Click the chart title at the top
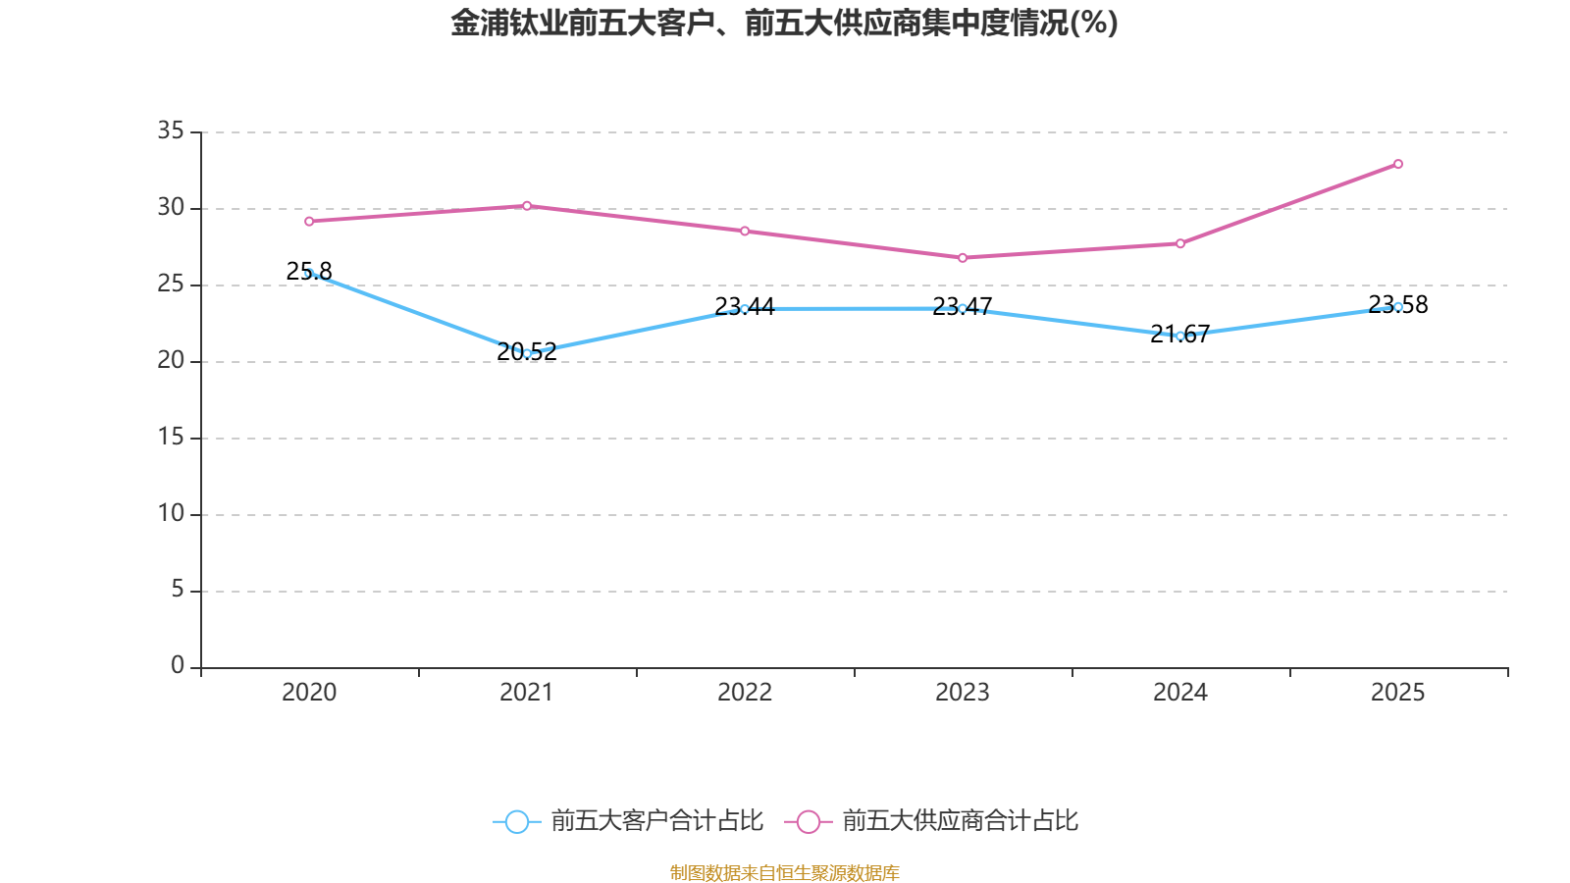[x=784, y=23]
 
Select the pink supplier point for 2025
[x=1398, y=164]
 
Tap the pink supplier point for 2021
[x=527, y=205]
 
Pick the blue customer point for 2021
[x=527, y=353]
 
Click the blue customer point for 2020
[x=309, y=274]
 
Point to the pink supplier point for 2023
[x=963, y=258]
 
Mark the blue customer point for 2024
[x=1180, y=336]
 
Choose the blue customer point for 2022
[x=745, y=309]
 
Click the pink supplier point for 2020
[x=309, y=221]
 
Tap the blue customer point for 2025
[x=1398, y=307]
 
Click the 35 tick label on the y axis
[x=171, y=130]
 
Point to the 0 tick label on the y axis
[x=177, y=666]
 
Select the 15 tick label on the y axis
[x=171, y=437]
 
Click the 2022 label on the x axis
[x=745, y=693]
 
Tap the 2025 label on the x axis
[x=1398, y=693]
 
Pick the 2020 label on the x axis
[x=309, y=693]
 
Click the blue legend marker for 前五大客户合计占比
[x=516, y=821]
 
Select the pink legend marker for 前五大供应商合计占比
[x=808, y=821]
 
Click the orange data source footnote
[x=784, y=872]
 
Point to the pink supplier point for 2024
[x=1180, y=243]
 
